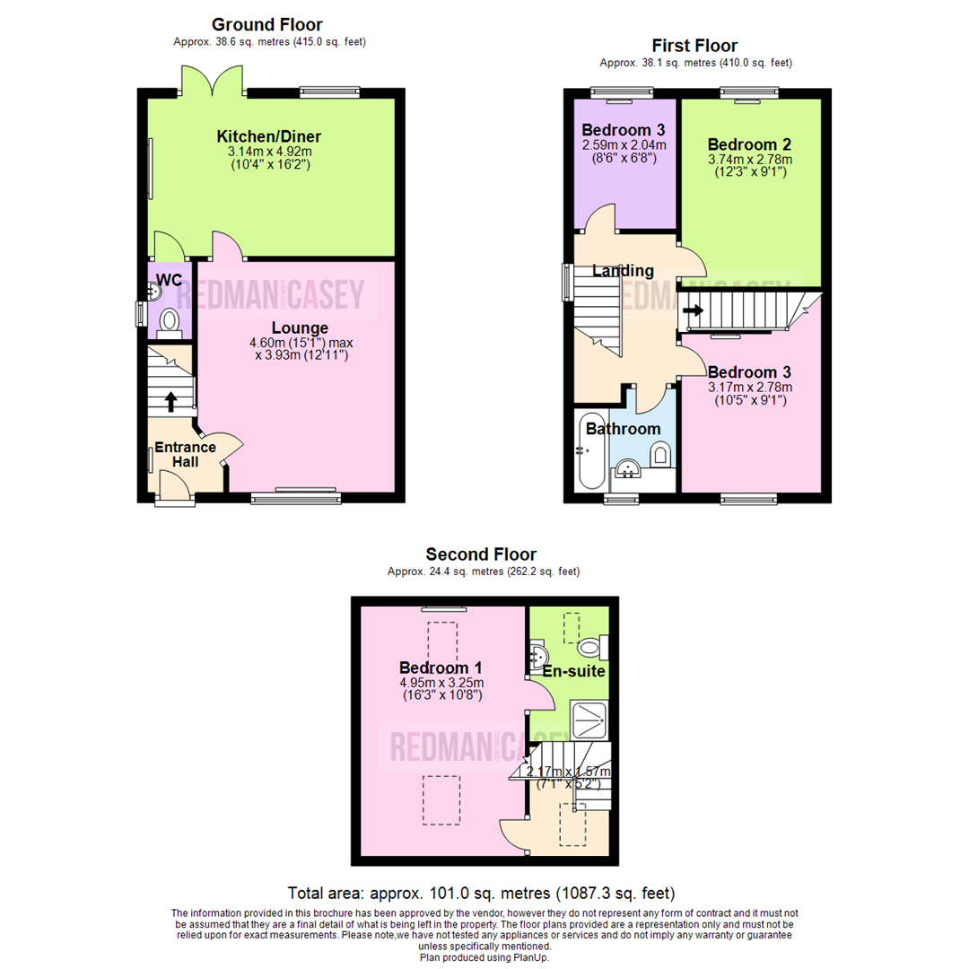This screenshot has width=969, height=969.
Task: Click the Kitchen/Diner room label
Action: coord(268,136)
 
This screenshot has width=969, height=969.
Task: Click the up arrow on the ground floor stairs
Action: coord(170,401)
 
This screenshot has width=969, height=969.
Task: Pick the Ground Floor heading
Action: coord(266,24)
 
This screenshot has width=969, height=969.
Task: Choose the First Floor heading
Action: coord(694,45)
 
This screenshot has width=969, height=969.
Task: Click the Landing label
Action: coord(623,271)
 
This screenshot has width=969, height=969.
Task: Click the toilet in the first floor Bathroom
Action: coord(662,455)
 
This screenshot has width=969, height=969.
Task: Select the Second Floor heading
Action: coord(481,554)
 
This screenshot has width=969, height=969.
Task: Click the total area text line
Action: coord(481,893)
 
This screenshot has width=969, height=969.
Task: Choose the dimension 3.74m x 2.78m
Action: coord(750,160)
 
